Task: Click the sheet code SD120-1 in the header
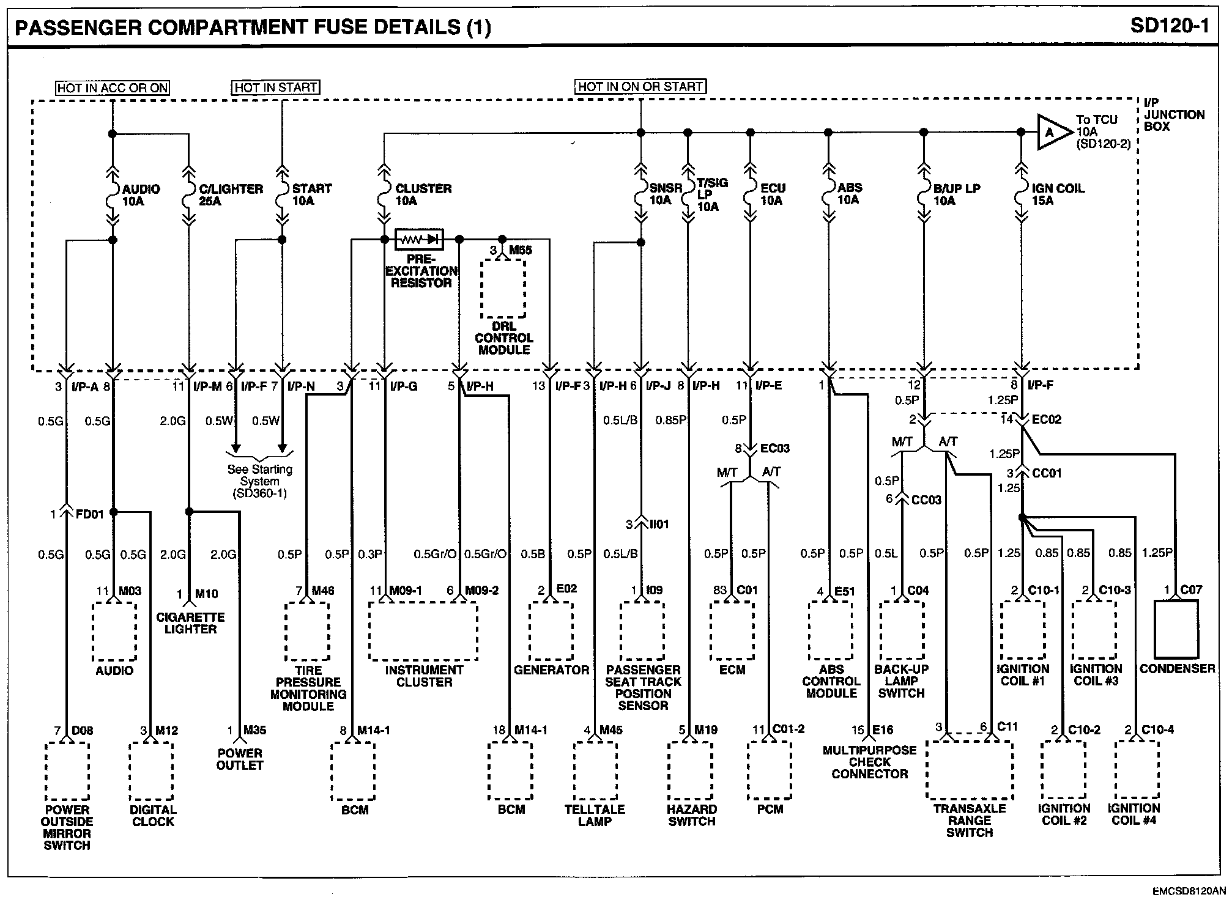coord(1169,26)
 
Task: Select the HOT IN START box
coord(276,87)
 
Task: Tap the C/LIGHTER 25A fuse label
coord(231,194)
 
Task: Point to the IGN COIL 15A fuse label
coord(1058,194)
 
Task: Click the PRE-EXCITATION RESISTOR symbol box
coord(420,239)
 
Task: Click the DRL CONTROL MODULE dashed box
coord(503,289)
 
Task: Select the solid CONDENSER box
coord(1176,629)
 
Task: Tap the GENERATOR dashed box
coord(551,632)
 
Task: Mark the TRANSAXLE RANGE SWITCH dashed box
coord(969,770)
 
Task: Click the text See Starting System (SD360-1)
coord(260,481)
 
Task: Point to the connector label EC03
coord(774,448)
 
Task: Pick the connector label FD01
coord(89,514)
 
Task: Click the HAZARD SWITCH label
coord(692,815)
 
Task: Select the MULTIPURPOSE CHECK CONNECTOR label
coord(869,762)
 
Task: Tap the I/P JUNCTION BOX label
coord(1173,115)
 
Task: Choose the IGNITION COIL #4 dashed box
coord(1136,769)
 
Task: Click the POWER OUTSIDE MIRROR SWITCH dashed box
coord(67,771)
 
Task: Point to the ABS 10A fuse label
coord(849,193)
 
